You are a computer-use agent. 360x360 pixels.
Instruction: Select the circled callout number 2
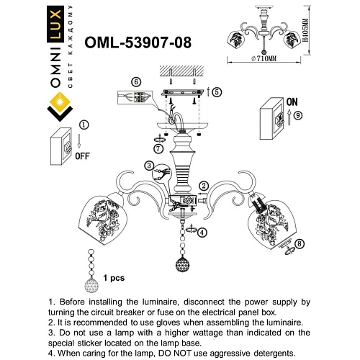point(204,186)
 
